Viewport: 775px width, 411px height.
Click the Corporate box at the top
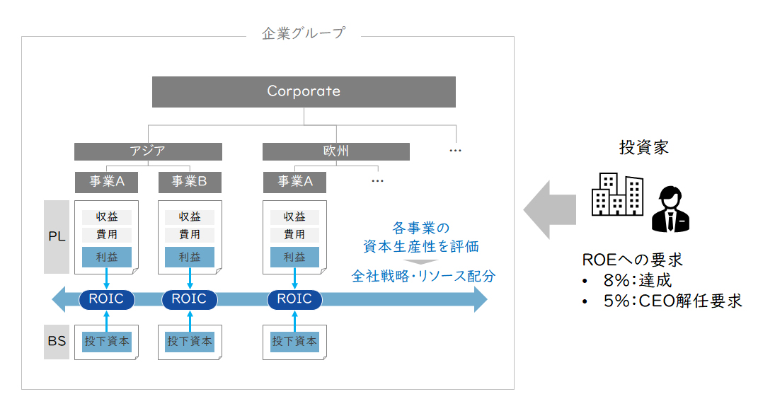[x=304, y=92]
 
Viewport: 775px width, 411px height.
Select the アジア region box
[x=148, y=151]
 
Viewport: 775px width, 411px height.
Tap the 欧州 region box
[x=335, y=151]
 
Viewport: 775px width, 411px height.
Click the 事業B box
[x=190, y=183]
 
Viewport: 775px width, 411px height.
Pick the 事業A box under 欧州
[x=294, y=183]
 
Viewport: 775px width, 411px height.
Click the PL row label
[x=57, y=236]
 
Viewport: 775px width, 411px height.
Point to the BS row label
[x=57, y=342]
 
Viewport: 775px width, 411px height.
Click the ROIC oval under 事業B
[x=189, y=299]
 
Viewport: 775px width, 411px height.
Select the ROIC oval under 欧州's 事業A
[x=294, y=299]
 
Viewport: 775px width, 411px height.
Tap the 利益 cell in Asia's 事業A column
[x=107, y=257]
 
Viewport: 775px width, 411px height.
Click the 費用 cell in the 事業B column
[x=190, y=235]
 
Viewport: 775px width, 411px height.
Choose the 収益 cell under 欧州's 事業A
[x=294, y=217]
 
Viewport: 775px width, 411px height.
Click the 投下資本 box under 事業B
[x=190, y=342]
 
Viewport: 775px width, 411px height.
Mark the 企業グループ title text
[x=304, y=33]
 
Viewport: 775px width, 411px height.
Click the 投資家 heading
[x=643, y=147]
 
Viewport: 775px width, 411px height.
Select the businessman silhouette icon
[x=671, y=209]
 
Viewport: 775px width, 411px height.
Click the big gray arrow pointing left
[x=550, y=210]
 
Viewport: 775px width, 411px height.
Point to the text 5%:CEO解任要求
[x=672, y=301]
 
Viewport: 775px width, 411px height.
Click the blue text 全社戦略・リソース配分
[x=423, y=276]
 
